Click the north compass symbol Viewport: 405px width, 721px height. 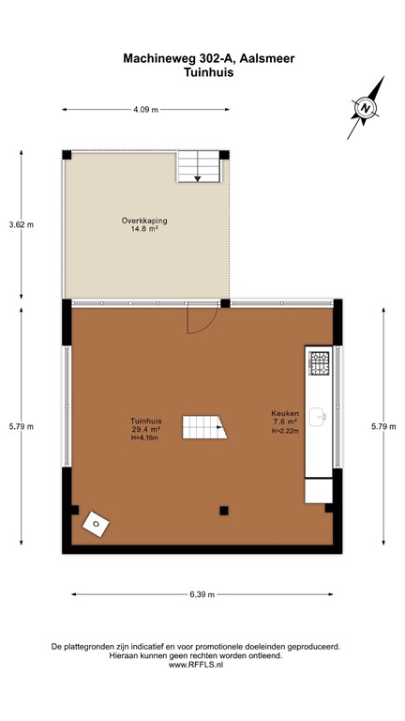366,108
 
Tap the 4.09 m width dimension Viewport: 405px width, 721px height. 145,110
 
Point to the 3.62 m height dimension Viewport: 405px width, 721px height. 21,224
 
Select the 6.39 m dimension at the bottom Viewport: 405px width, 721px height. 202,594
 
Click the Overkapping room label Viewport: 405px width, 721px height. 143,221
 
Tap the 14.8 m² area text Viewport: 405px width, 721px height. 143,230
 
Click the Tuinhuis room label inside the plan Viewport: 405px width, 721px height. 143,421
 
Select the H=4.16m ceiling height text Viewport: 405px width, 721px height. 143,438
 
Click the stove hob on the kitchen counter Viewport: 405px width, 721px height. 320,362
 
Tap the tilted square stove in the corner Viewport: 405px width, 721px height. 97,524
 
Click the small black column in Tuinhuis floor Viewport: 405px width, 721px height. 223,511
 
